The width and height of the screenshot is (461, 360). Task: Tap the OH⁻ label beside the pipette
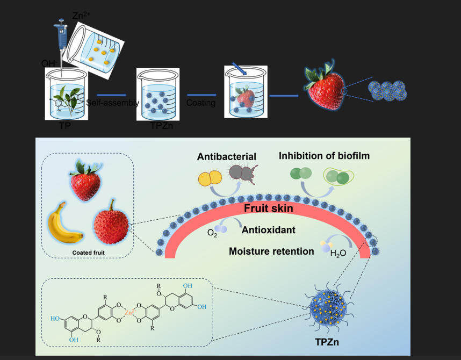click(x=49, y=63)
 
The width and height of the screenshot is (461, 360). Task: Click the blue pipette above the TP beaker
click(x=61, y=38)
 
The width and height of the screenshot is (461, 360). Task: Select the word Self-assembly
click(x=112, y=103)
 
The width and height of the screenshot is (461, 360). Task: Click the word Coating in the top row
click(x=200, y=103)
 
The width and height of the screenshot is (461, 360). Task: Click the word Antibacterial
click(x=226, y=157)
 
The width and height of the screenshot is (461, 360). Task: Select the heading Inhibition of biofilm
click(x=324, y=156)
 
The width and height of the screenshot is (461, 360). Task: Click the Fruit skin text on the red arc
click(x=269, y=208)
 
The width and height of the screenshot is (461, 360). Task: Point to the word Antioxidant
click(x=268, y=230)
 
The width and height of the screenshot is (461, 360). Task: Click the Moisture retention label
click(x=271, y=251)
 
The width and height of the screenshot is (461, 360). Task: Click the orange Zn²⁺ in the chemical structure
click(x=128, y=312)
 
